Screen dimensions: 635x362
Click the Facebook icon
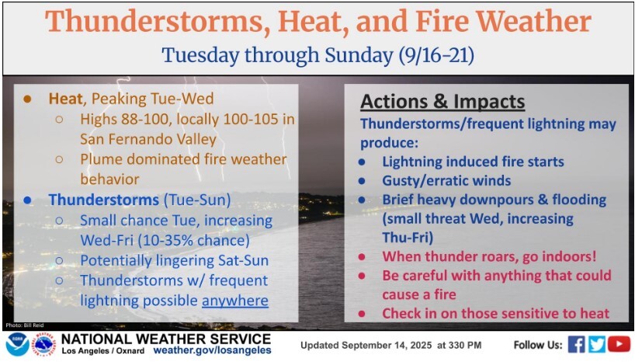click(576, 345)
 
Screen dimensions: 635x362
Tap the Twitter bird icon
click(597, 345)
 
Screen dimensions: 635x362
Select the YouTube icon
click(619, 345)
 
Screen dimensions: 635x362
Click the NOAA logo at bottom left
click(17, 345)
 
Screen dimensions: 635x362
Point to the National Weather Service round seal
click(43, 345)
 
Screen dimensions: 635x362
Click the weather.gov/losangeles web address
click(212, 350)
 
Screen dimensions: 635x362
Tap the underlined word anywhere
click(235, 301)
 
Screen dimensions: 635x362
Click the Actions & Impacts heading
click(442, 102)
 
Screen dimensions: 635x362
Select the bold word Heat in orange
click(66, 99)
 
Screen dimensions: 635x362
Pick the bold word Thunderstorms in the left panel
click(104, 200)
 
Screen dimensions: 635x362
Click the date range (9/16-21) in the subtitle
click(436, 55)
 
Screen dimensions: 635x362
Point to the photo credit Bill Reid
click(25, 325)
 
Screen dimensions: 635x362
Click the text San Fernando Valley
click(148, 139)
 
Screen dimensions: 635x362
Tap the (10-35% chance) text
click(193, 240)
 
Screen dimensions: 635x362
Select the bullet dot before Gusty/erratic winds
click(362, 181)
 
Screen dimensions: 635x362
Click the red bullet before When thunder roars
click(362, 256)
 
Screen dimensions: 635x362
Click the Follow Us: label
click(538, 345)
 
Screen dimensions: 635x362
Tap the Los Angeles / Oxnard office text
click(103, 351)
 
